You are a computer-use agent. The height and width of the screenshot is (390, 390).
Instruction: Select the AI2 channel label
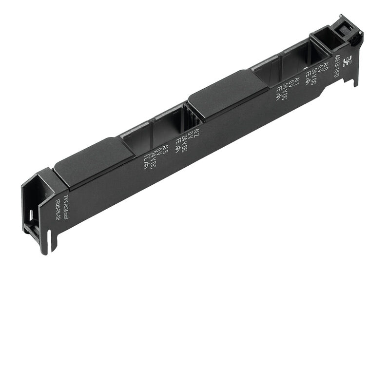pos(196,134)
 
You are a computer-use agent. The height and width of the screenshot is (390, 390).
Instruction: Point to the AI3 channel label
pos(166,148)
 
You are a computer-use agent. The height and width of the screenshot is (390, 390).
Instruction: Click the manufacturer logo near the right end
pos(347,62)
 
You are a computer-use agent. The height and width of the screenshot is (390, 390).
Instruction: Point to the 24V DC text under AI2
pos(184,139)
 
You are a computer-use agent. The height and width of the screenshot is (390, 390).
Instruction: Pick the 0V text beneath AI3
pos(159,152)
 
